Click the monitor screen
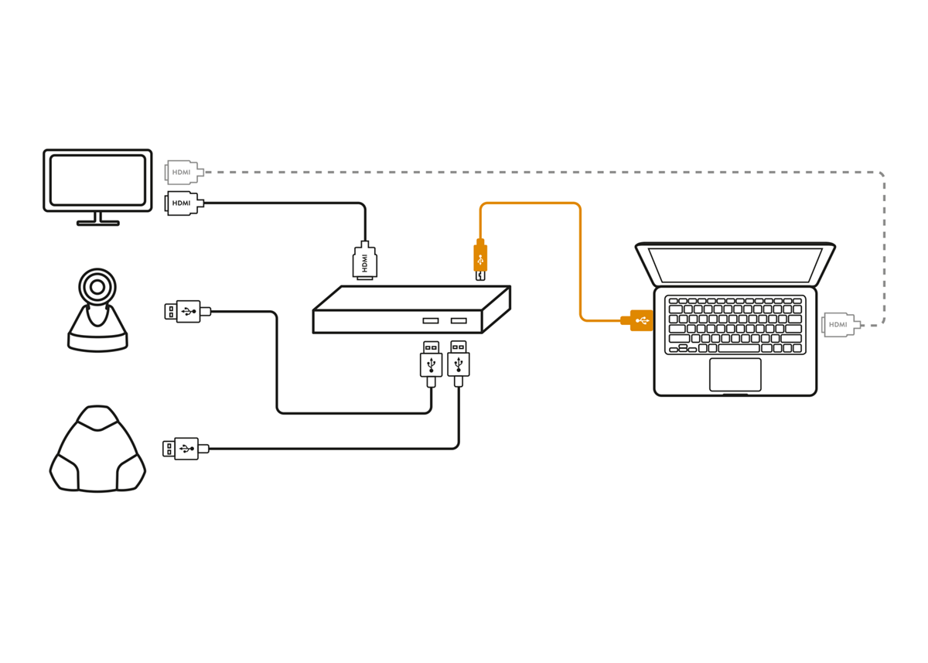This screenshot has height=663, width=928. coord(97,179)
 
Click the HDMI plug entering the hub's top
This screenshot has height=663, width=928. coord(366,261)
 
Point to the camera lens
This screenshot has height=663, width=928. coord(97,287)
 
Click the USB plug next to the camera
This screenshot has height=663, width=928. coord(184,312)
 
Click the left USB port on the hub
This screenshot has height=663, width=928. coord(431,320)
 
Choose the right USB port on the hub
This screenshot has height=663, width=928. coord(459,320)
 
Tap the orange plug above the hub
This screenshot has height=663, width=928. coord(480,258)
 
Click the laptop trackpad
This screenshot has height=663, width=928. coord(735,374)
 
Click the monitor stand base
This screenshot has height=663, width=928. coord(98,223)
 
